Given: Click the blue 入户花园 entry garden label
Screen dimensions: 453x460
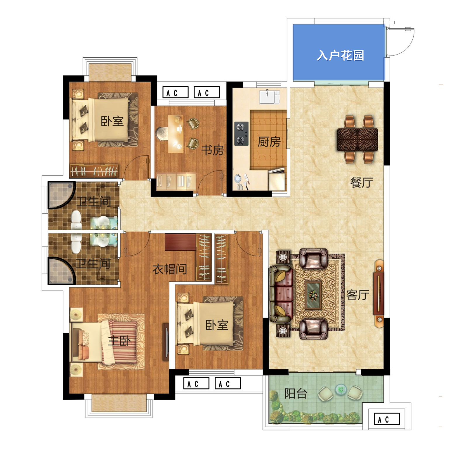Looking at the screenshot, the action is (340, 55).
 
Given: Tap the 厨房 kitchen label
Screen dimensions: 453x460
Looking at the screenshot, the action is (269, 142).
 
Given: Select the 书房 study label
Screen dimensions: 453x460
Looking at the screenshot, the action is (212, 150).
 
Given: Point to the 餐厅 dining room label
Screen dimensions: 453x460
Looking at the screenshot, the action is (362, 182).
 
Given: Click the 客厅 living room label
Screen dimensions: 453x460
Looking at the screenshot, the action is (358, 295).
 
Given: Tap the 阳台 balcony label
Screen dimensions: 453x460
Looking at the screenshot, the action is (296, 394).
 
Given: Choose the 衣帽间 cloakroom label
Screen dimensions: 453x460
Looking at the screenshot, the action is (170, 269).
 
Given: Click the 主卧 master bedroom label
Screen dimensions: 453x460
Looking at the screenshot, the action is (119, 341).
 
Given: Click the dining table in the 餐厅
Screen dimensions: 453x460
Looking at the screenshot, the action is (357, 139).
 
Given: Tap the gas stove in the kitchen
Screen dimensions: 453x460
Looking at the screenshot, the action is (241, 134).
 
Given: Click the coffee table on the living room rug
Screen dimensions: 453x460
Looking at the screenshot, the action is (313, 295).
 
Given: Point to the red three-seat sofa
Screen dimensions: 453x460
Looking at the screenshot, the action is (281, 294).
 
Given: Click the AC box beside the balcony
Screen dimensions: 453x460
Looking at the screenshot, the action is (387, 419).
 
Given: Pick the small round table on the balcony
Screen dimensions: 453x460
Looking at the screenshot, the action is (341, 390).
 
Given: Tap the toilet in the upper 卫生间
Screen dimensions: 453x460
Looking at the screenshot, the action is (76, 220).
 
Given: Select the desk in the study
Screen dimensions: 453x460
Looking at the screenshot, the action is (176, 134).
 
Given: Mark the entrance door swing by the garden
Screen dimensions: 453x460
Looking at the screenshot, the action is (401, 42).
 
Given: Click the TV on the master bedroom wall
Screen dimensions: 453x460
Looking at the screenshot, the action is (166, 342).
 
